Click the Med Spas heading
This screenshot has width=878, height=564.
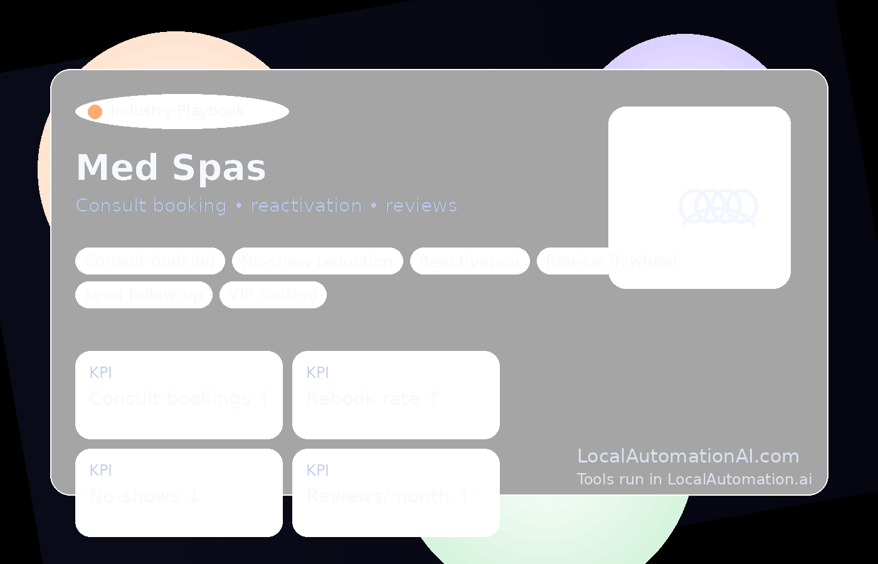point(171,168)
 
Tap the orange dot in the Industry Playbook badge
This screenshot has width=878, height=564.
point(95,112)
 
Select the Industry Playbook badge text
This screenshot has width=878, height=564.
point(177,111)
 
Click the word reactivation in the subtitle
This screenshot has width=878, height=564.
point(306,206)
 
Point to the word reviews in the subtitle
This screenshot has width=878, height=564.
point(421,206)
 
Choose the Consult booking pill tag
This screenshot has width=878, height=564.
point(150,261)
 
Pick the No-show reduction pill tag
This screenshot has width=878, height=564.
point(317,261)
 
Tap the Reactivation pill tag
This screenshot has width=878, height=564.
point(470,261)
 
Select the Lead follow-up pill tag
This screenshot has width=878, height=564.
point(144,295)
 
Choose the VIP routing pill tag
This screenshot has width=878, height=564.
point(273,295)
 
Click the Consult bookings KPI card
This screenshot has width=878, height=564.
point(179,395)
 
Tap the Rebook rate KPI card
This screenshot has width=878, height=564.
point(396,395)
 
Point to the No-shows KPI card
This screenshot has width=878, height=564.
point(179,493)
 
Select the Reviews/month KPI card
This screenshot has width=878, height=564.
point(396,493)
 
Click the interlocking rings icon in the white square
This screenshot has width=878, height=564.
point(718,206)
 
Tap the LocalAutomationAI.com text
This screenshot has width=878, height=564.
point(688,456)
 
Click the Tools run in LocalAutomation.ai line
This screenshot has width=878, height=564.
point(694,479)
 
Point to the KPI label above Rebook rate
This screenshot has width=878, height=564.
point(317,373)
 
